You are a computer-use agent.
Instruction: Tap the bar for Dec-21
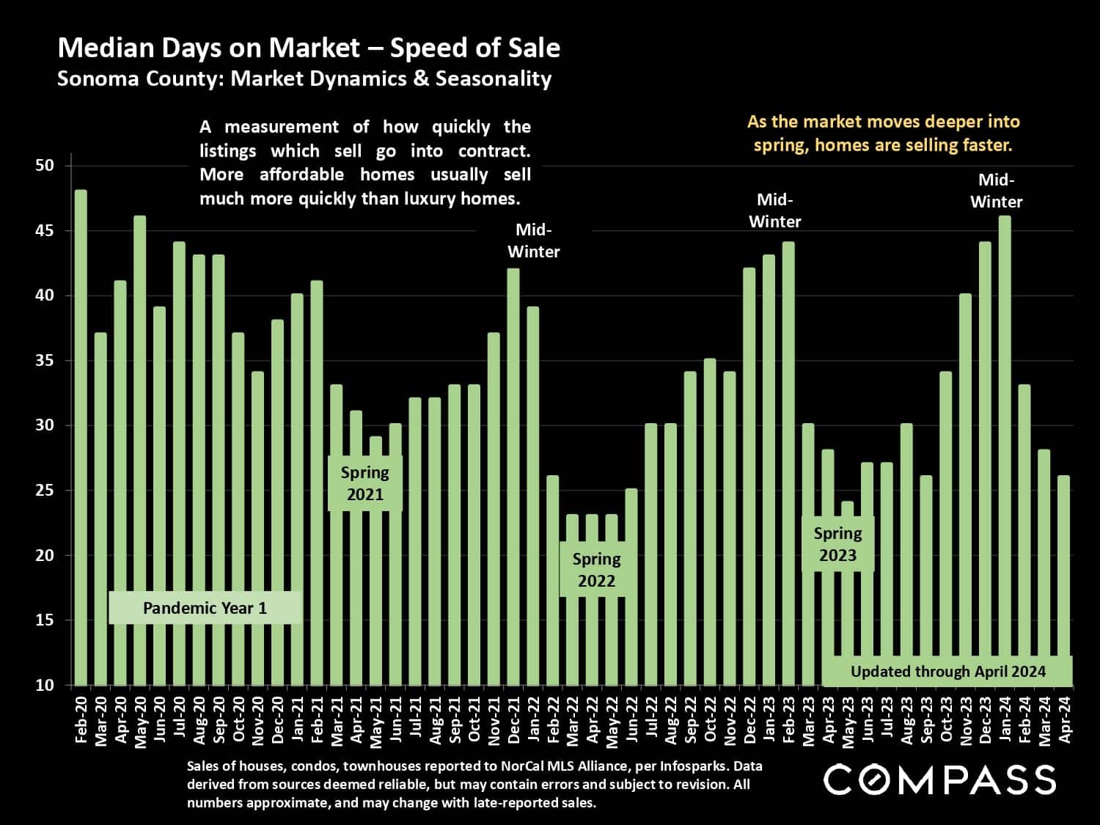click(x=513, y=477)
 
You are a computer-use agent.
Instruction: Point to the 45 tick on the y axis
click(x=45, y=231)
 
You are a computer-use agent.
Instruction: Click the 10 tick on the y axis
click(x=45, y=685)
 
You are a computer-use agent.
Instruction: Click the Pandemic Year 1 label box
click(x=205, y=608)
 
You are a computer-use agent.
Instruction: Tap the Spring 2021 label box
click(x=365, y=483)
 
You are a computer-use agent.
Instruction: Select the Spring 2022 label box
click(x=596, y=570)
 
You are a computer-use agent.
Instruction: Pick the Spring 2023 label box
click(x=837, y=544)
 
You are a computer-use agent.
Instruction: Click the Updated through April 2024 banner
click(x=947, y=671)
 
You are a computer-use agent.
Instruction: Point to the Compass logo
click(x=939, y=779)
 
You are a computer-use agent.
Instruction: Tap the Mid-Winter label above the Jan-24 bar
click(x=996, y=191)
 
